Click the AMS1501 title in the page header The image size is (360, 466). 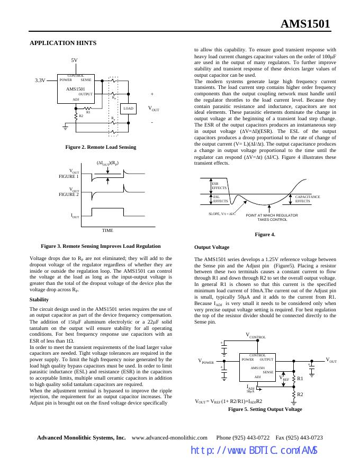[305, 24]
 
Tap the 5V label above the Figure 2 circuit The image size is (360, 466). [75, 60]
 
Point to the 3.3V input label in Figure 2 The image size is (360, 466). [40, 80]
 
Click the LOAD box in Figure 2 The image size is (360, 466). [129, 109]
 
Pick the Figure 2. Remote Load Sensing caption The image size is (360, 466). [101, 147]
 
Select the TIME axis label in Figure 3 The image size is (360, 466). [107, 230]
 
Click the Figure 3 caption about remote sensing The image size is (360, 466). [101, 246]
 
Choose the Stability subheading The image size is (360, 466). [39, 299]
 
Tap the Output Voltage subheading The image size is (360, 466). [212, 247]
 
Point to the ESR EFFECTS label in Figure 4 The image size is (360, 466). [219, 185]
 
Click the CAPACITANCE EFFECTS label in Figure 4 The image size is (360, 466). [307, 199]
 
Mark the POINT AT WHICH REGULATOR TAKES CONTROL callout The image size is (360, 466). [272, 217]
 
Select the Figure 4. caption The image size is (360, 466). [265, 234]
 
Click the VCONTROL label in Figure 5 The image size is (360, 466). [256, 336]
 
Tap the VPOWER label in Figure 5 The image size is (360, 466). [206, 362]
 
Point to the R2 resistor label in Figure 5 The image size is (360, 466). [300, 395]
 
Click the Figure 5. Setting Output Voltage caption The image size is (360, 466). [265, 409]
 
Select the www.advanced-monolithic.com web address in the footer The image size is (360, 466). [169, 437]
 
